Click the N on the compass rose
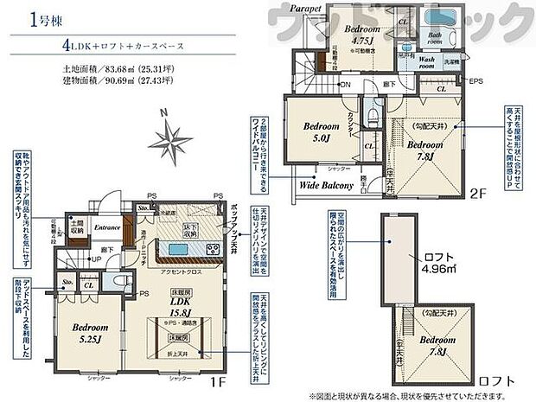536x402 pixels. [x=162, y=112]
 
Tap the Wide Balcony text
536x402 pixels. [x=325, y=185]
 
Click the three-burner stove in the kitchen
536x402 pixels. [x=210, y=250]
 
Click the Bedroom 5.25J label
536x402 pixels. [x=88, y=333]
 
